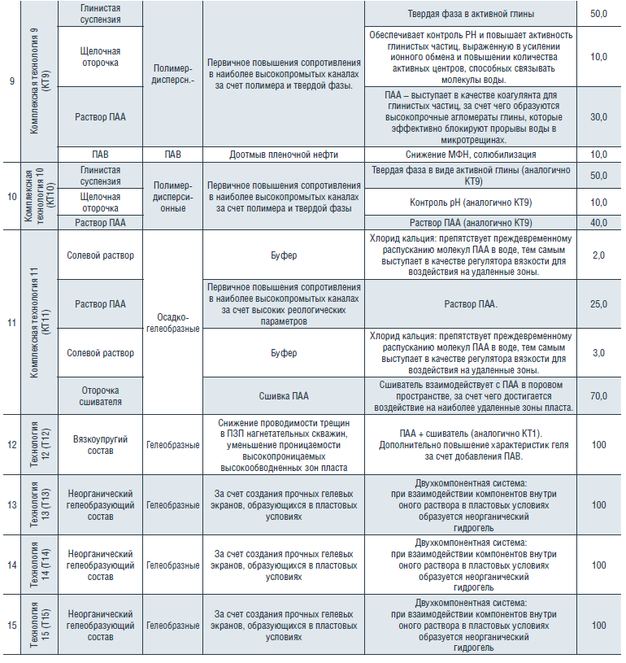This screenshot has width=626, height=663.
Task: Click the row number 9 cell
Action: pyautogui.click(x=11, y=81)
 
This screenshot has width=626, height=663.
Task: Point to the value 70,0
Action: pyautogui.click(x=599, y=395)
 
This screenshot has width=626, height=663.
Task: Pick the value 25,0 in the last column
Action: pyautogui.click(x=599, y=304)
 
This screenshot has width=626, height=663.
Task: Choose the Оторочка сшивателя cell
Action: pyautogui.click(x=102, y=395)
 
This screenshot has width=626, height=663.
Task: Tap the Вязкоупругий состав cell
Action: pyautogui.click(x=102, y=445)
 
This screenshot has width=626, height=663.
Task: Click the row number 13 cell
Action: pyautogui.click(x=11, y=505)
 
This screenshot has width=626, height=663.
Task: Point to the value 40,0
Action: pyautogui.click(x=599, y=222)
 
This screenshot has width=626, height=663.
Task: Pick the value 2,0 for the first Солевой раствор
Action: pyautogui.click(x=599, y=255)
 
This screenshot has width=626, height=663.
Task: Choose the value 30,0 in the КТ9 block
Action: pyautogui.click(x=599, y=117)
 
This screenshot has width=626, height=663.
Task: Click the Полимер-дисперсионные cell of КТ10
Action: pyautogui.click(x=172, y=196)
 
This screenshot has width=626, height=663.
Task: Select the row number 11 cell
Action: pyautogui.click(x=11, y=322)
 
